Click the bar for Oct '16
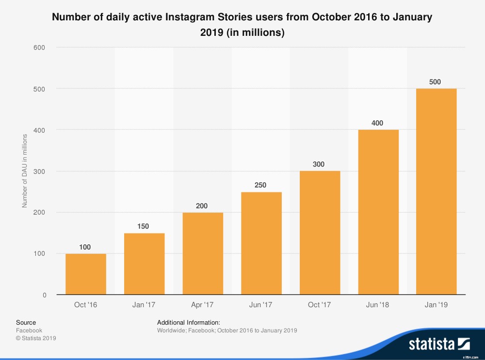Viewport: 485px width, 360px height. (86, 274)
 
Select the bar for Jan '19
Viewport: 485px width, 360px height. (436, 191)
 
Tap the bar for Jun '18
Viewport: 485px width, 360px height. (378, 212)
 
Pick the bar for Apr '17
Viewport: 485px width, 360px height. (202, 253)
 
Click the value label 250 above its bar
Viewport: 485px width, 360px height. (260, 185)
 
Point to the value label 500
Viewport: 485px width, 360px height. (436, 82)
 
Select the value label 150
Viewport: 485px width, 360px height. (144, 226)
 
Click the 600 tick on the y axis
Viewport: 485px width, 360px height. (40, 47)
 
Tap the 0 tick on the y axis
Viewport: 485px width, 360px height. (44, 295)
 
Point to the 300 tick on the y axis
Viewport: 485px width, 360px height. (40, 171)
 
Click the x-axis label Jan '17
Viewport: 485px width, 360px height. (144, 305)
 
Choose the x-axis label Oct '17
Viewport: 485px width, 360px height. (320, 305)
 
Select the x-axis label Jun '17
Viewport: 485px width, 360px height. (261, 305)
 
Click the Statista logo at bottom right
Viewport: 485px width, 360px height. (439, 344)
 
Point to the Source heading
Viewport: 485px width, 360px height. (26, 322)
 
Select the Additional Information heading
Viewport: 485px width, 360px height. (189, 322)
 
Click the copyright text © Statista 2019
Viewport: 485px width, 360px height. (36, 338)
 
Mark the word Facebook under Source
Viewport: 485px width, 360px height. (29, 330)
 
